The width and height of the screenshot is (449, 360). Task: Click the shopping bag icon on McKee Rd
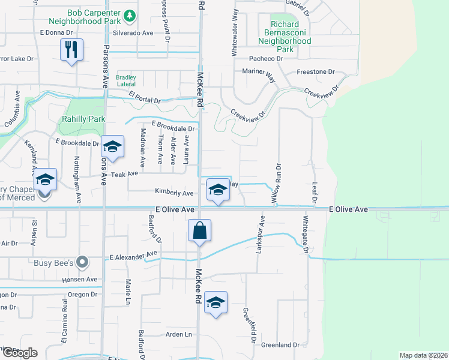[199, 231]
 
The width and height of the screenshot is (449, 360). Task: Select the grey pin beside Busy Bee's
[83, 262]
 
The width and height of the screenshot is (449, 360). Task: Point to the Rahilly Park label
[83, 119]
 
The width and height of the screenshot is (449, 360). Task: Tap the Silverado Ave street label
[133, 34]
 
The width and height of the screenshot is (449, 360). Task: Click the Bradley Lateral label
[126, 80]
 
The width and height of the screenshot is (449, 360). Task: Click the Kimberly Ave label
[174, 193]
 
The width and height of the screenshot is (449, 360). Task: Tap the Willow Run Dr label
[279, 182]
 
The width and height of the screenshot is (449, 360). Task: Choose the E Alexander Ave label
[133, 256]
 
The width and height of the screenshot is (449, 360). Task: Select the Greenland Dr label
[279, 345]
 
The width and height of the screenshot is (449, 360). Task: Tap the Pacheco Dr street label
[266, 59]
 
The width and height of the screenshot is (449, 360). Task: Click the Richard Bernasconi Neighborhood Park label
[285, 37]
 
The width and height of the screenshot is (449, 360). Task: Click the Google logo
[20, 353]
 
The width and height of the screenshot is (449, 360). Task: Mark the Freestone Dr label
[315, 72]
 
